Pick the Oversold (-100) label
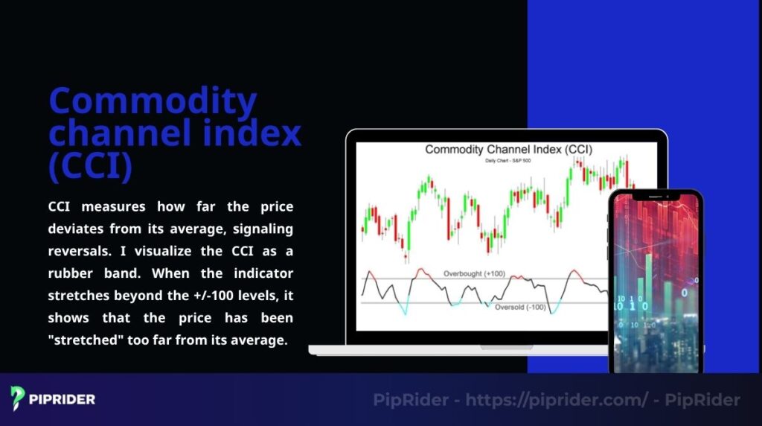pyautogui.click(x=520, y=307)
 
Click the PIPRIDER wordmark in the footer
pyautogui.click(x=63, y=399)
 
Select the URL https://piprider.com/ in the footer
pyautogui.click(x=556, y=400)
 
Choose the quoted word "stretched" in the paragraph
pyautogui.click(x=84, y=341)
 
